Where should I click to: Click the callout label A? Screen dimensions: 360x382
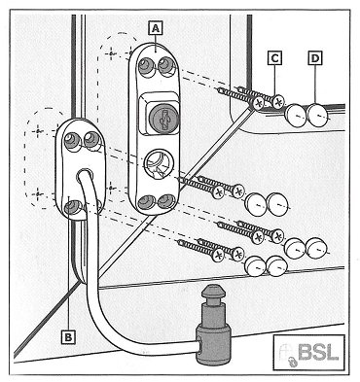click(x=156, y=28)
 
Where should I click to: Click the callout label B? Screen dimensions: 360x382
click(x=68, y=337)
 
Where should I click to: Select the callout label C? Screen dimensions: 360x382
click(x=274, y=58)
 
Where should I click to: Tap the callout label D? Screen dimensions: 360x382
click(x=315, y=58)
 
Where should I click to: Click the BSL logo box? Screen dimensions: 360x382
click(x=308, y=352)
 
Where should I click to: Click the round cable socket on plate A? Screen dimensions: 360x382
click(x=160, y=162)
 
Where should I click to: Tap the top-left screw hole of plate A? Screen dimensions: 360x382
click(x=146, y=67)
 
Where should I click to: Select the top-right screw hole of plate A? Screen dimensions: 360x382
click(x=166, y=66)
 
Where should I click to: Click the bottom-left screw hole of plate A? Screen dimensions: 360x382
click(x=146, y=202)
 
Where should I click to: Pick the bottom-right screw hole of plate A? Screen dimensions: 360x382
click(x=165, y=202)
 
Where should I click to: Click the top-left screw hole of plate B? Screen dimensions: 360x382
click(x=72, y=141)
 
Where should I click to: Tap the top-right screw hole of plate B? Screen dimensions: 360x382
click(x=92, y=140)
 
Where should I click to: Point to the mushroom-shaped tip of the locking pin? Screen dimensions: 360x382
click(x=213, y=292)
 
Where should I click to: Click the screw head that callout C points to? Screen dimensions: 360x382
click(x=277, y=102)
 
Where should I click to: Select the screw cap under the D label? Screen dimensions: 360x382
click(x=318, y=114)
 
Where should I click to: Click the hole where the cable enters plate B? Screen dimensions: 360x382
click(x=84, y=175)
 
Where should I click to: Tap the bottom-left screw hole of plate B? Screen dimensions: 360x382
click(x=72, y=207)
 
